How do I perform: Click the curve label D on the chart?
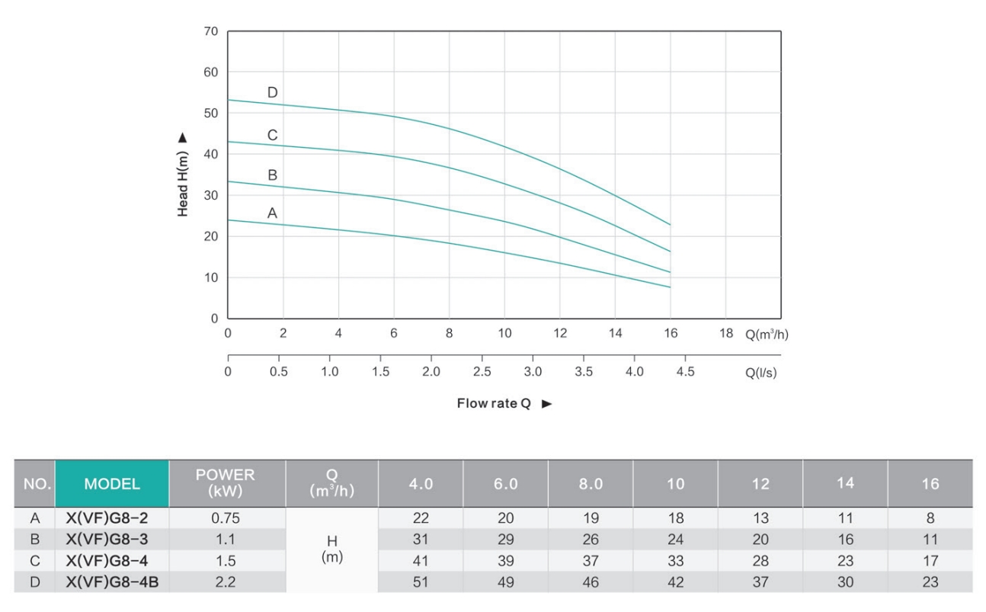[x=273, y=93]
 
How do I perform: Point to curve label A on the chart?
[x=272, y=214]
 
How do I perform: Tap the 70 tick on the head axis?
[x=212, y=32]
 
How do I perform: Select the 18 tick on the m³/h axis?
[x=725, y=334]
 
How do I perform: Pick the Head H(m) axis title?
[x=183, y=175]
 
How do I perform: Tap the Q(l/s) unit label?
[x=761, y=373]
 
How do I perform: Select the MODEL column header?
[x=112, y=483]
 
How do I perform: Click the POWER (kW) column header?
[x=226, y=483]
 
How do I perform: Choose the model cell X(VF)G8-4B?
[x=111, y=582]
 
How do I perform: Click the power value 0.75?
[x=226, y=518]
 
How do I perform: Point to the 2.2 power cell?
[x=226, y=582]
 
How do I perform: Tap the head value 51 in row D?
[x=421, y=582]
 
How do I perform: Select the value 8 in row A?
[x=930, y=518]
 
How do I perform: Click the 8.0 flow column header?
[x=591, y=483]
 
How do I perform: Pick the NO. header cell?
[x=35, y=483]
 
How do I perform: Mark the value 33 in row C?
[x=676, y=561]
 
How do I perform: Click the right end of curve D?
[x=670, y=225]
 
